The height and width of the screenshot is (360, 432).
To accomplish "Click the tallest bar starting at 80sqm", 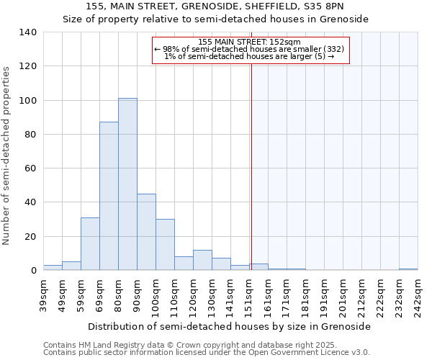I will point(127,184).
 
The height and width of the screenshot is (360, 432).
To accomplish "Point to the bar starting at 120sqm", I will point(202,261).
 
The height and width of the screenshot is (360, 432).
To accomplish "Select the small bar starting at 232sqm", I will point(408,269).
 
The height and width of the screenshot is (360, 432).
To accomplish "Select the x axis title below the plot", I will point(230,326).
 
